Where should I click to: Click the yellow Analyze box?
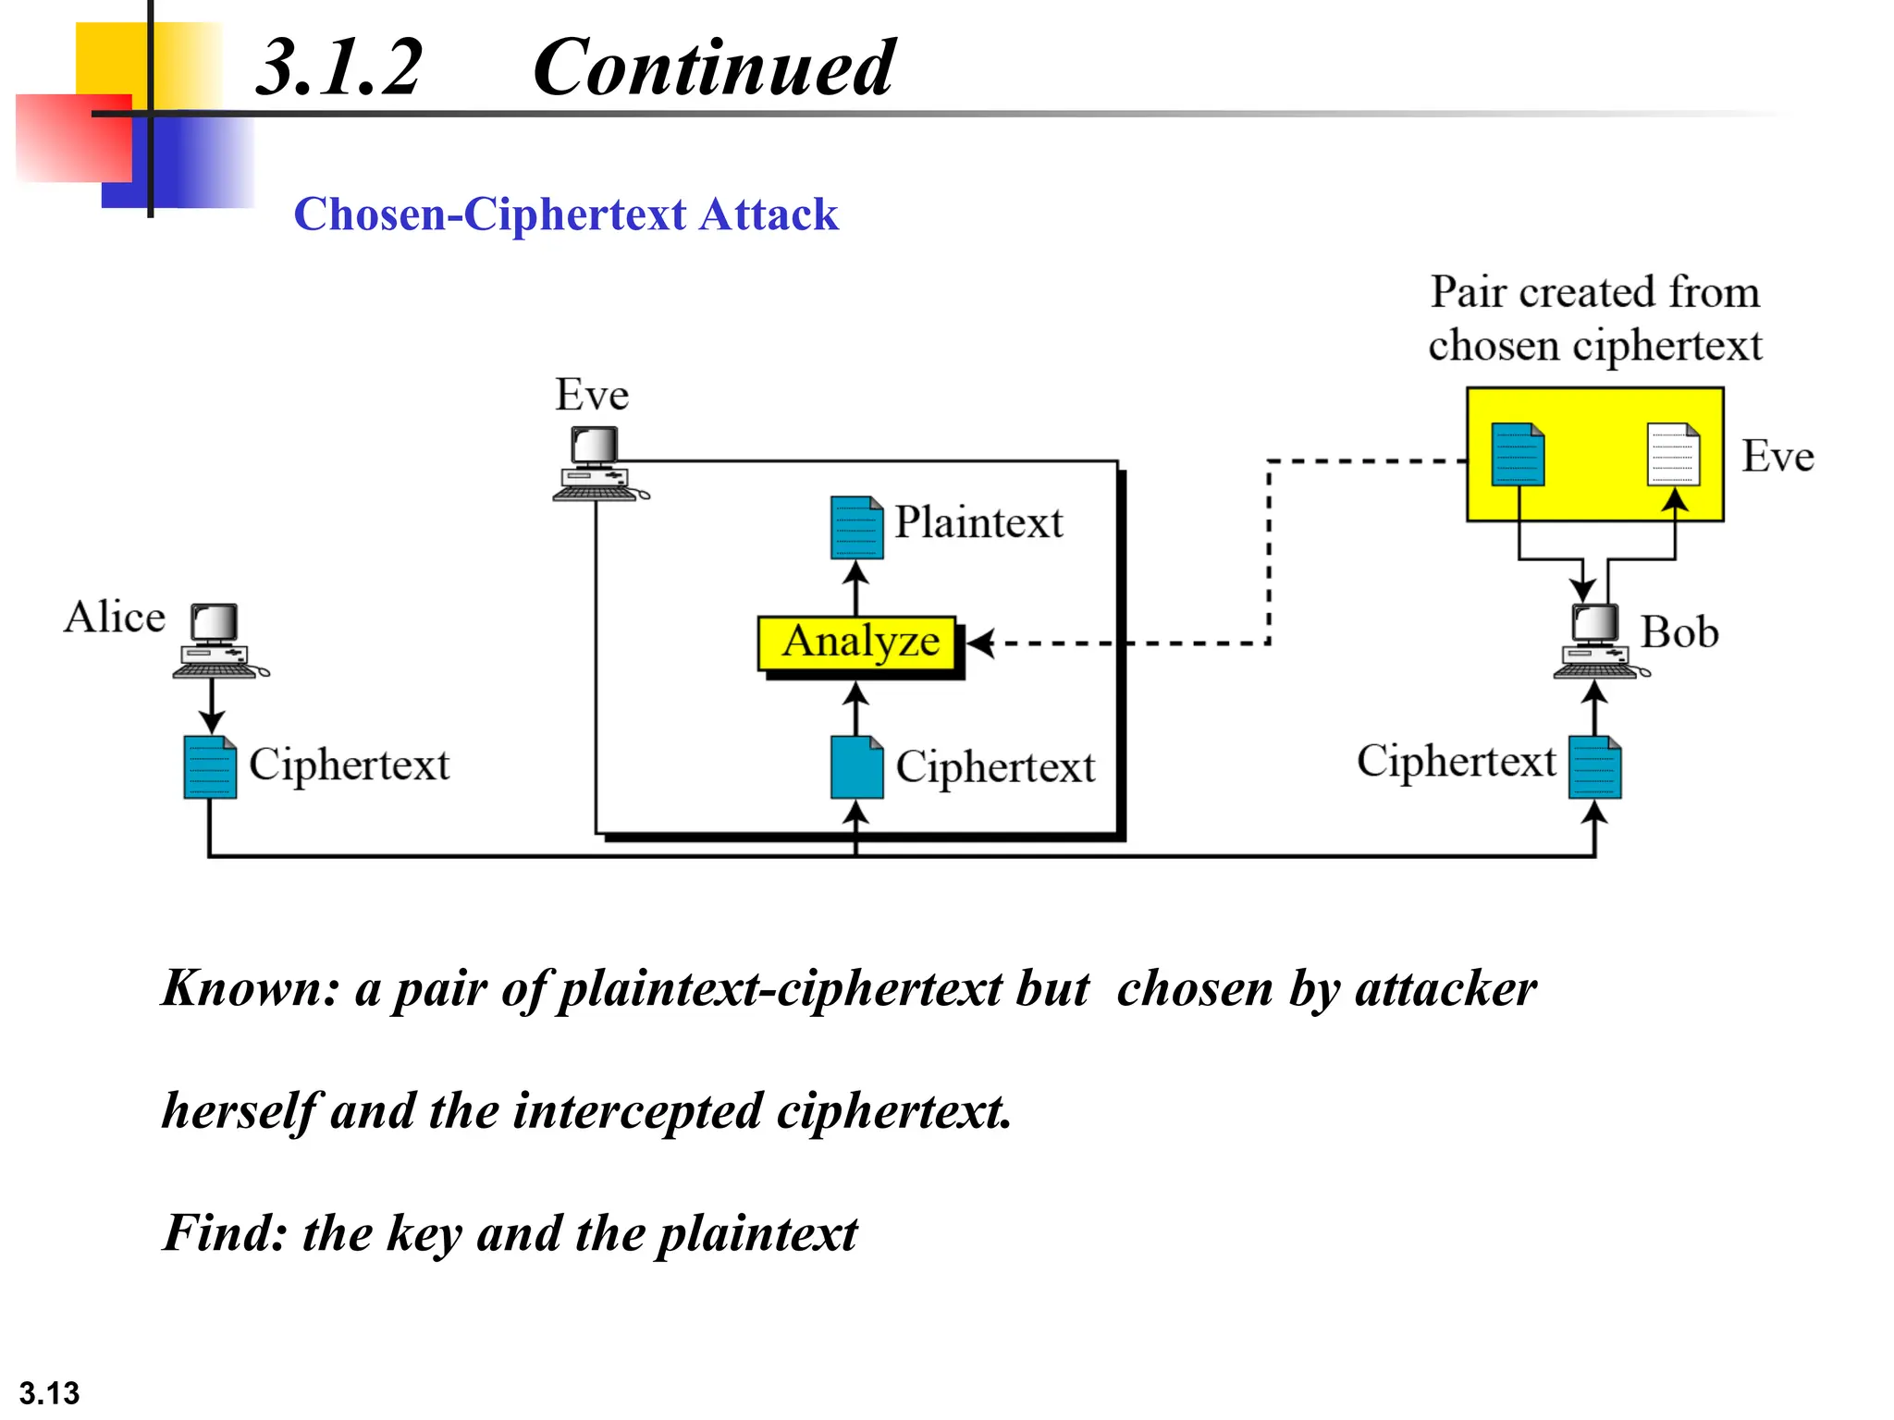[857, 643]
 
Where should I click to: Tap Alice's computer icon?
[217, 640]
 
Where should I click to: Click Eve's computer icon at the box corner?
[596, 463]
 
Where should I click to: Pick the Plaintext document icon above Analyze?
[856, 528]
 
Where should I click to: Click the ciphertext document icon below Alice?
[210, 766]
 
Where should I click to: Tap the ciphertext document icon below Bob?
[1594, 766]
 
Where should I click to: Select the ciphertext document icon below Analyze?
[856, 766]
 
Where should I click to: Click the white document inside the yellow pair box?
[1673, 454]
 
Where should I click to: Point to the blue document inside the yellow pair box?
[1518, 454]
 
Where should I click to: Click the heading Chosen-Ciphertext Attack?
[565, 214]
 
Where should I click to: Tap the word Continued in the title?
[713, 68]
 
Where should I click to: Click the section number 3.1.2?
[338, 68]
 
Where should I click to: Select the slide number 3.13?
[49, 1392]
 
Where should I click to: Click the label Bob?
[1679, 633]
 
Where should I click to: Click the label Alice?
[115, 617]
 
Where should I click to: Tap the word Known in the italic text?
[244, 988]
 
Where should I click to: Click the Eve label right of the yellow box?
[1777, 457]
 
